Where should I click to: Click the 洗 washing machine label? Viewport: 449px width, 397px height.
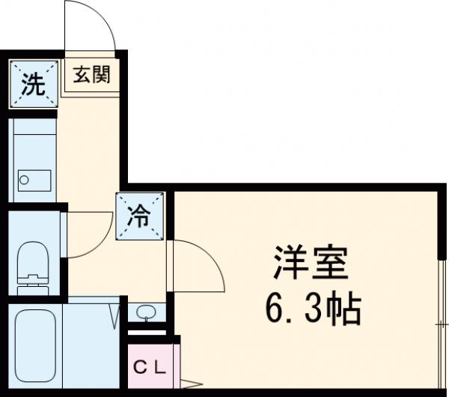click(x=32, y=84)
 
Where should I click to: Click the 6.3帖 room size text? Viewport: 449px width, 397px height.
click(x=313, y=308)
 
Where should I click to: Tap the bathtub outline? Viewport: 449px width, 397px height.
click(x=35, y=345)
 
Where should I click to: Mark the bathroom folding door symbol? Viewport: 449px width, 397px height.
click(x=118, y=315)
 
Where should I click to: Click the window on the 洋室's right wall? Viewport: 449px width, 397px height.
click(x=439, y=315)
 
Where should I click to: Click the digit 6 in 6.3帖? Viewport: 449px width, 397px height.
click(x=275, y=308)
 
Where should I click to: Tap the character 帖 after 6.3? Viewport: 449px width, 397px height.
click(x=346, y=308)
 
